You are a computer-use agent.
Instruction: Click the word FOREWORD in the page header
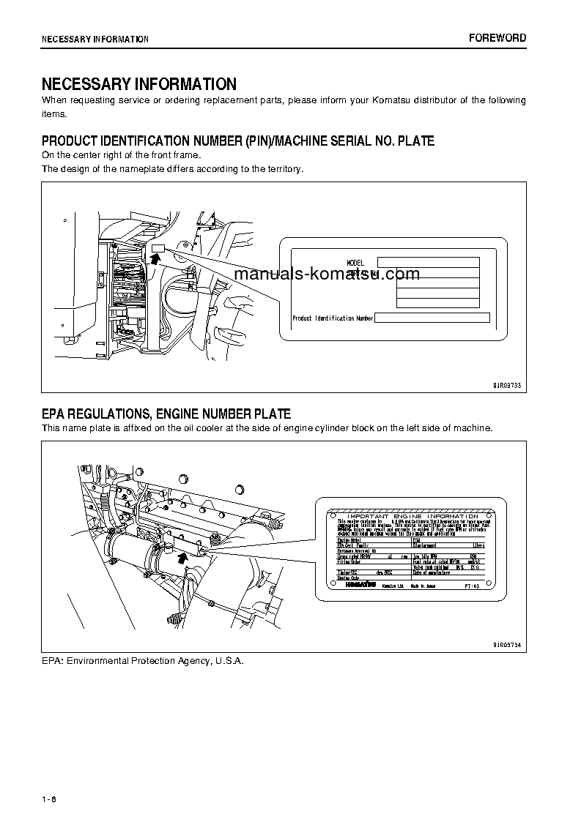tap(497, 38)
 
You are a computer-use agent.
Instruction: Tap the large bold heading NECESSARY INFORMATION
tap(138, 84)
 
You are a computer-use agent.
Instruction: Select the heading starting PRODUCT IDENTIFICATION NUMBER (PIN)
tap(237, 141)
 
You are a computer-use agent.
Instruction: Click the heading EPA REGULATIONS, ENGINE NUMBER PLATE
tap(166, 414)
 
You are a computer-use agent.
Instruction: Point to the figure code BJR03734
tap(505, 644)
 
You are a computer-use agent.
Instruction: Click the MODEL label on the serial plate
tap(355, 262)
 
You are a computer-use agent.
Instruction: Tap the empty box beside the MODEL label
tap(428, 262)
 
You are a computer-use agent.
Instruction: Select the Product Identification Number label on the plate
tap(333, 318)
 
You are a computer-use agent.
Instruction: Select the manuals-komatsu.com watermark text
tap(327, 274)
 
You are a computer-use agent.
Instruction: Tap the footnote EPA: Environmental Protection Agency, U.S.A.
tap(142, 660)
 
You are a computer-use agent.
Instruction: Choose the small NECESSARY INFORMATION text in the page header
tap(95, 39)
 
